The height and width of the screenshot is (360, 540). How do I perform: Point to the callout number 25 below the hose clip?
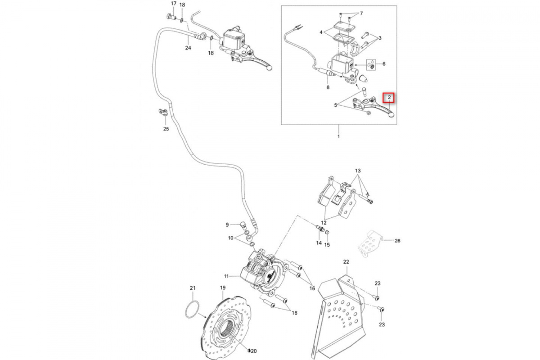(x=166, y=130)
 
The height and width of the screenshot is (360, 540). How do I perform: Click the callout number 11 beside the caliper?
(x=226, y=276)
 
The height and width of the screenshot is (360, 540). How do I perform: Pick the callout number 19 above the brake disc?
(x=222, y=288)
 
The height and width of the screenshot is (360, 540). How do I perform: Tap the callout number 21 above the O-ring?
(x=193, y=288)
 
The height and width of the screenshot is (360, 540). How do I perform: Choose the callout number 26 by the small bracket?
(x=397, y=241)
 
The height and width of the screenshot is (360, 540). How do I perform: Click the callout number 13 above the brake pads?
(x=358, y=171)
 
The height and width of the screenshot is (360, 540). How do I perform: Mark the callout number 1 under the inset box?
(x=339, y=135)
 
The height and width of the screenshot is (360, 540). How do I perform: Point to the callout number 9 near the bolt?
(x=228, y=225)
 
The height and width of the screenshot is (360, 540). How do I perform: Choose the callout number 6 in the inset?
(x=384, y=64)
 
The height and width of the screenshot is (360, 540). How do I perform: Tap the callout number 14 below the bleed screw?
(x=319, y=243)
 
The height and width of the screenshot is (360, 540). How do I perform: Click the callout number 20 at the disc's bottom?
(x=253, y=351)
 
